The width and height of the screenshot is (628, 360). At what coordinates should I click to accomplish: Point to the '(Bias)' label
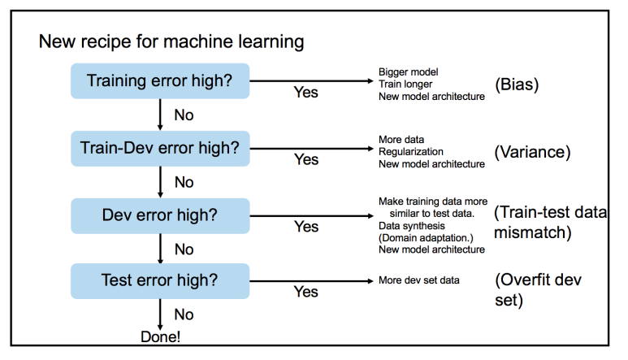(517, 83)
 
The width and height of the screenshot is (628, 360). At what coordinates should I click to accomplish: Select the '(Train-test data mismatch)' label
(549, 222)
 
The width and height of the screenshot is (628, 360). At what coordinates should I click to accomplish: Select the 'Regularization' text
(410, 151)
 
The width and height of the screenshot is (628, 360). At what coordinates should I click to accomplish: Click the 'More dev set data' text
(418, 280)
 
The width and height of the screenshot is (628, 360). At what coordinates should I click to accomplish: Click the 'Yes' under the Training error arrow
(305, 93)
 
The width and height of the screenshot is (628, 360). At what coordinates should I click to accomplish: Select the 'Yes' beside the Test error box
(305, 292)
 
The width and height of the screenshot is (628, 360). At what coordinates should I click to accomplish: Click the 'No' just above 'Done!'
(184, 314)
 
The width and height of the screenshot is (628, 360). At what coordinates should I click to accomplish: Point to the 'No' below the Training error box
(184, 115)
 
